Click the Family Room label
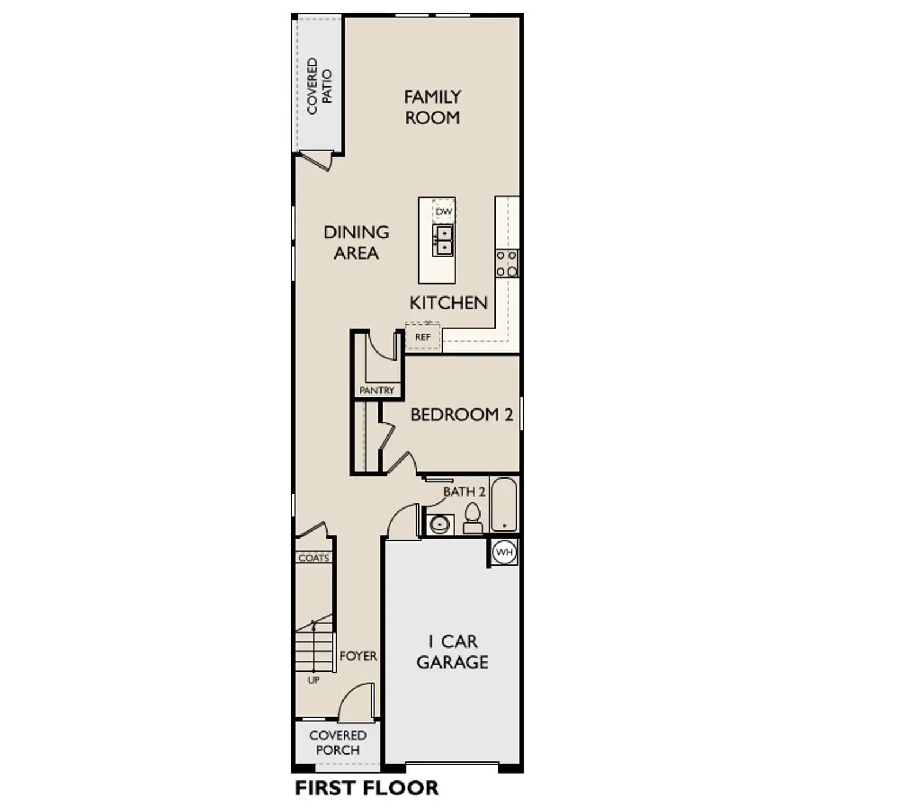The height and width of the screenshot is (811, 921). tap(432, 107)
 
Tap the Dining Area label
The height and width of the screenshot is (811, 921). tap(356, 242)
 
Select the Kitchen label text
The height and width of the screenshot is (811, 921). tap(448, 302)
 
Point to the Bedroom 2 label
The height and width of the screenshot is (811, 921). tap(462, 415)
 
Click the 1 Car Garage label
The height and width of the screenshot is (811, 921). tap(452, 652)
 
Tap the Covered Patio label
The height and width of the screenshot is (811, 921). tap(319, 86)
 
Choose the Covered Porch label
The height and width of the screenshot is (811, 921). tap(338, 742)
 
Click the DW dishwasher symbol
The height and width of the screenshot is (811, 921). tap(444, 211)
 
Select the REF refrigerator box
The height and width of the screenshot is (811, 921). tap(423, 337)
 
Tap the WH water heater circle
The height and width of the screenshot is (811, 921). tap(504, 552)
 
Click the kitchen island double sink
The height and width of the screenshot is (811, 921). tap(443, 240)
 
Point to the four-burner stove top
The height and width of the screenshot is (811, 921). tap(507, 264)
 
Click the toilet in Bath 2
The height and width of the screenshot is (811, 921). tap(473, 518)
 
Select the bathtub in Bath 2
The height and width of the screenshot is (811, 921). tap(504, 505)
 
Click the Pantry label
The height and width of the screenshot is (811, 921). tap(377, 391)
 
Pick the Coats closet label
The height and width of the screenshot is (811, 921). tap(314, 558)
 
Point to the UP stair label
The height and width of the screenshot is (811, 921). tap(314, 680)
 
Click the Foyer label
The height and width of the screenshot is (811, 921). tap(359, 656)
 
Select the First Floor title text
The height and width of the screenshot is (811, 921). tap(367, 788)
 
